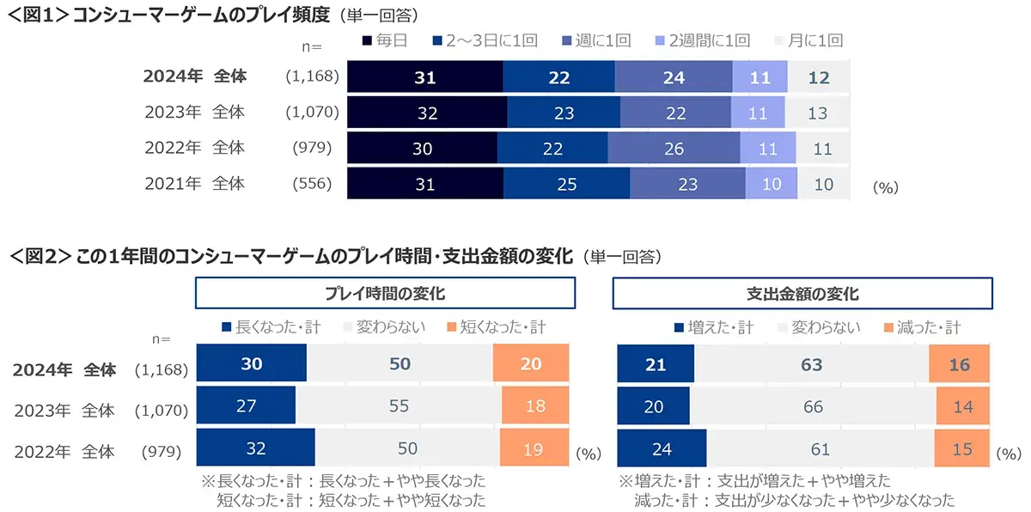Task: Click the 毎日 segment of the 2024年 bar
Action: click(x=424, y=76)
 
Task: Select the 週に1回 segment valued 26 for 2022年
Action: click(x=674, y=148)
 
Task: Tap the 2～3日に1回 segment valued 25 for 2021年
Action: click(x=566, y=184)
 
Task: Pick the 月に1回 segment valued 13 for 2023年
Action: click(x=816, y=113)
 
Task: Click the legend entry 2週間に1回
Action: click(x=701, y=40)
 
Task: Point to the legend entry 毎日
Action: click(x=384, y=40)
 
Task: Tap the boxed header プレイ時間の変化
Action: click(x=385, y=293)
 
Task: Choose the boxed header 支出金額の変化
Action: click(x=803, y=293)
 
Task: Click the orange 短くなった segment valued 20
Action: click(x=531, y=363)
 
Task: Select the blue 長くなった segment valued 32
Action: click(x=255, y=447)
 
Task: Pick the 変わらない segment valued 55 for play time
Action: click(x=399, y=405)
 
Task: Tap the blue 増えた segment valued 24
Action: click(x=662, y=447)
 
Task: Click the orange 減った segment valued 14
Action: click(x=963, y=405)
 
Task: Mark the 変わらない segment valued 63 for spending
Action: click(x=811, y=363)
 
